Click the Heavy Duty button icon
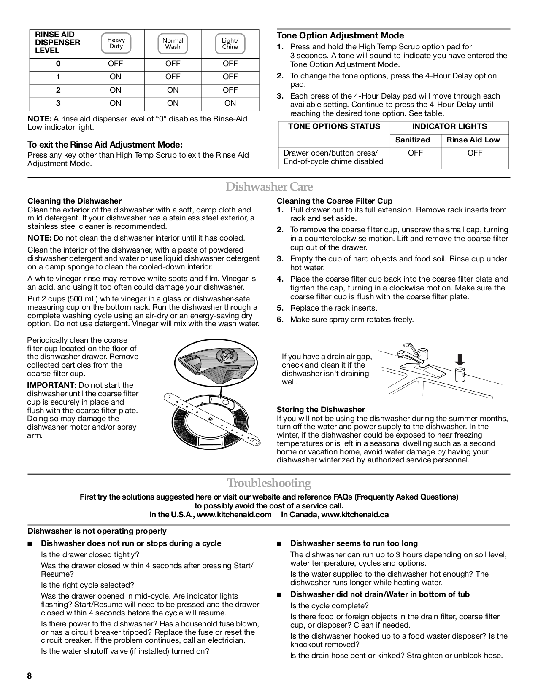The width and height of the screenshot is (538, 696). click(x=116, y=43)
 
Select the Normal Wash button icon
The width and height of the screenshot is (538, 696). click(x=173, y=43)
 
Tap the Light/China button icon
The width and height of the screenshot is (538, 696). click(x=230, y=43)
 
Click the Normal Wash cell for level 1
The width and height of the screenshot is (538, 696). click(x=173, y=77)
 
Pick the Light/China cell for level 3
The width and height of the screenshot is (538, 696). click(x=230, y=103)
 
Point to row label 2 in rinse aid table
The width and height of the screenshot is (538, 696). click(x=58, y=90)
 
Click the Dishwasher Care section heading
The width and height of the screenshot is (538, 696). click(x=269, y=186)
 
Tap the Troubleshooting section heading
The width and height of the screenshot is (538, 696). click(x=269, y=483)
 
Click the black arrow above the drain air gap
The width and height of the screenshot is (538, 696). click(x=460, y=360)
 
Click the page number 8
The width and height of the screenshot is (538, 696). click(x=30, y=676)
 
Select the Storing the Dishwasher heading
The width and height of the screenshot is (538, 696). click(x=321, y=410)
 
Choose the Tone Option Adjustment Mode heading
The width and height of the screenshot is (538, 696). click(x=340, y=35)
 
